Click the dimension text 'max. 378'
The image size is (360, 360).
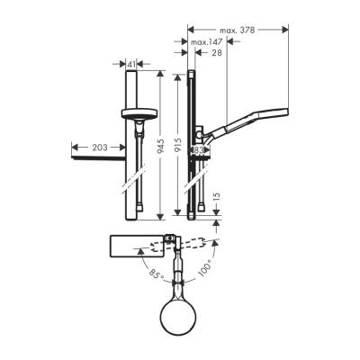click(x=238, y=31)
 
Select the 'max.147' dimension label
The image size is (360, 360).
click(x=207, y=42)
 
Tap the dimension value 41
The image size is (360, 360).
click(x=132, y=65)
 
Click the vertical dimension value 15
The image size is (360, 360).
click(x=214, y=197)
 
